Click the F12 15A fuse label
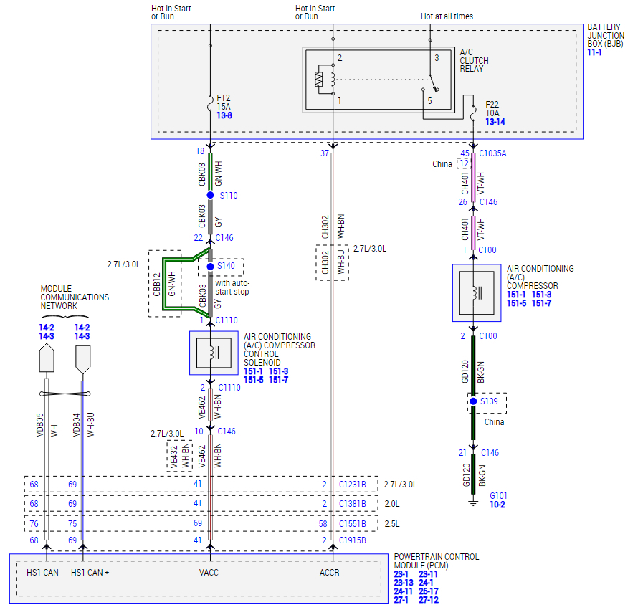224,102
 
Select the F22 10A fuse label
492,109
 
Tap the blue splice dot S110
210,195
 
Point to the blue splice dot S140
210,267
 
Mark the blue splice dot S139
473,401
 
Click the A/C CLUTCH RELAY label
474,60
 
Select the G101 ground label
497,495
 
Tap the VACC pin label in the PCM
209,573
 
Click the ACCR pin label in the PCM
330,573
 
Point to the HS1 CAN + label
90,573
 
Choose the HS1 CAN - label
44,573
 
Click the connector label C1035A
492,153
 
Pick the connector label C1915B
353,540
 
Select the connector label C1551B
353,524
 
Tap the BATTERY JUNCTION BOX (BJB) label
606,36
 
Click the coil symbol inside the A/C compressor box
473,293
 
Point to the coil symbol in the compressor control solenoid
213,353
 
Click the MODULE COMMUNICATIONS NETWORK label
75,297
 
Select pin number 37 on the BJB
324,153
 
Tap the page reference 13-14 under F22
495,123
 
